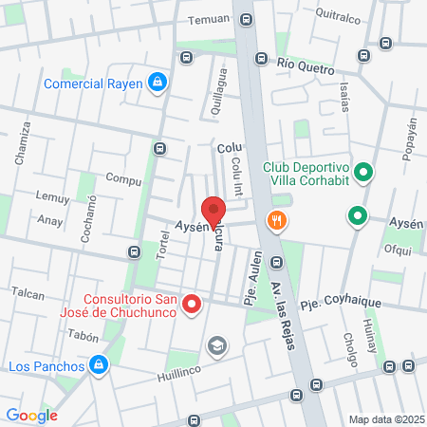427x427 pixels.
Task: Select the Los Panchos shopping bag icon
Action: tap(98, 364)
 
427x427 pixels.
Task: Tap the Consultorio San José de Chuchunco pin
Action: tap(193, 304)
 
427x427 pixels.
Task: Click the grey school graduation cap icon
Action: tap(217, 345)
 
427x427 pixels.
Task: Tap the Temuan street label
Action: tap(209, 19)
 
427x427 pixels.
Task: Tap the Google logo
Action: tap(31, 415)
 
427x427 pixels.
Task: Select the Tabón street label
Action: tap(84, 335)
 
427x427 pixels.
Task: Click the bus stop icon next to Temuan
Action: tap(248, 19)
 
